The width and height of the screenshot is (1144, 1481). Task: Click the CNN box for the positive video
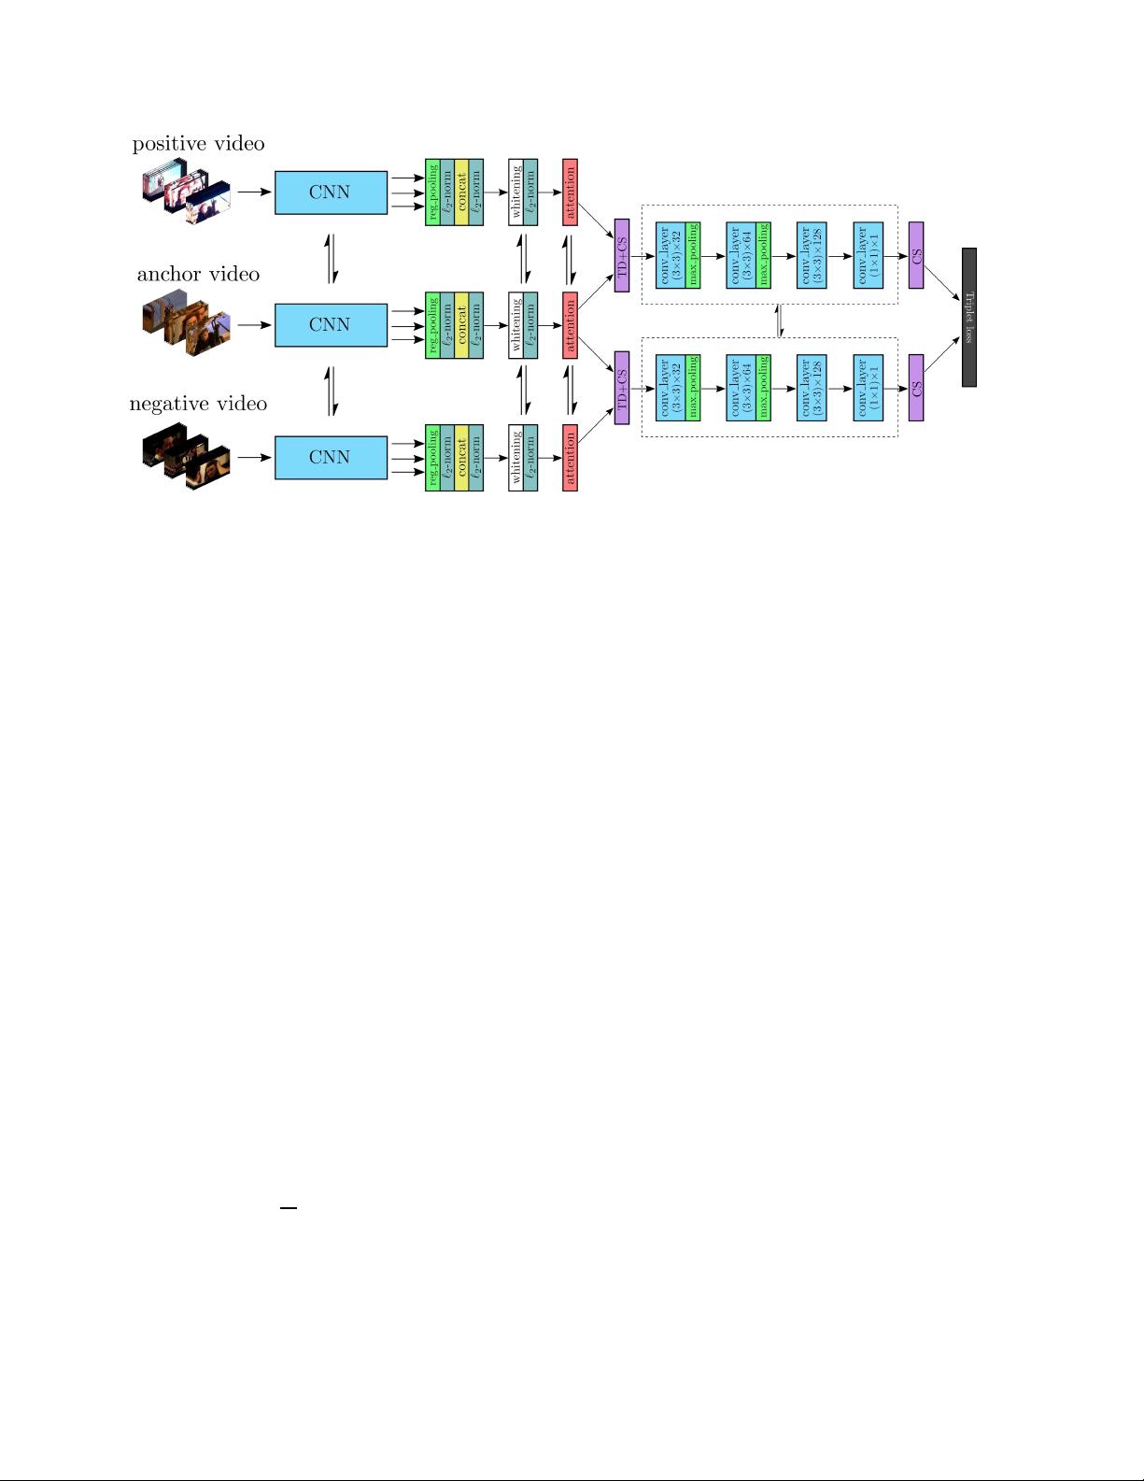point(331,192)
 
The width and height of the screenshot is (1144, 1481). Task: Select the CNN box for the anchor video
point(331,325)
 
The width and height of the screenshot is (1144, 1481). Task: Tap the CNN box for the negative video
point(331,458)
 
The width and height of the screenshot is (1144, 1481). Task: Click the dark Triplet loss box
point(969,317)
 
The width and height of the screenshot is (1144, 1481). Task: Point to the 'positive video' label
point(198,144)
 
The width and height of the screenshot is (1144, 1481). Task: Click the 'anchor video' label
point(198,275)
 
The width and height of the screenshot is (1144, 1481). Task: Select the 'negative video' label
point(198,404)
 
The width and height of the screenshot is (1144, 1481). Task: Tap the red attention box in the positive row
point(571,192)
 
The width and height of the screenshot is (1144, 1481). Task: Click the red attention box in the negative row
point(571,458)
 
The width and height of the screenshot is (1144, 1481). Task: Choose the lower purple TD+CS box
point(622,389)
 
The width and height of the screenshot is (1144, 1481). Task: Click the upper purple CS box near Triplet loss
point(916,255)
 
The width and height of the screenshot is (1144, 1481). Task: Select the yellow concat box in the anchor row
point(461,325)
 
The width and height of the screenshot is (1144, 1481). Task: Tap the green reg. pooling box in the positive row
point(432,192)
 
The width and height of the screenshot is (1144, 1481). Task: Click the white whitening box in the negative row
point(516,458)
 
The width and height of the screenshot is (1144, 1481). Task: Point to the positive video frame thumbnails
point(187,194)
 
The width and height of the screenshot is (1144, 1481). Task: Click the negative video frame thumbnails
point(187,458)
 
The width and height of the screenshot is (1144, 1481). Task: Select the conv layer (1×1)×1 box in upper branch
point(868,255)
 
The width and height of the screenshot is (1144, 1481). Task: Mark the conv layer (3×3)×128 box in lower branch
point(812,389)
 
